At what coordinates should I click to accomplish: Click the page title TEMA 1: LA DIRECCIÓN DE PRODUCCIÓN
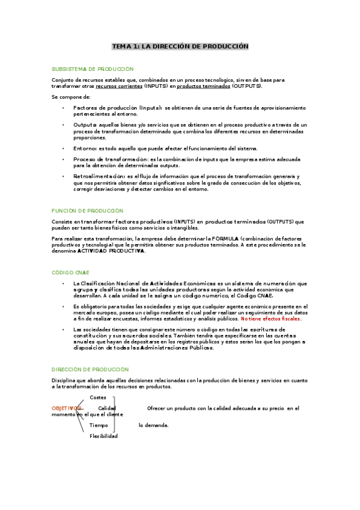180,46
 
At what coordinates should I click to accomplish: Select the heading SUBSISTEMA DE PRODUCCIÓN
93,69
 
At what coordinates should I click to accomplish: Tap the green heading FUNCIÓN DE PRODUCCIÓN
88,210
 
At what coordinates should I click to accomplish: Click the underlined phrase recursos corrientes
119,86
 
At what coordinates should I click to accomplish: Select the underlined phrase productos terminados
204,86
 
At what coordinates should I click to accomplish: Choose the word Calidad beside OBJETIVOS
107,409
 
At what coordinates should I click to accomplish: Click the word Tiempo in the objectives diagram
99,425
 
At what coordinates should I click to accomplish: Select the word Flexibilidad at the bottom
103,436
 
